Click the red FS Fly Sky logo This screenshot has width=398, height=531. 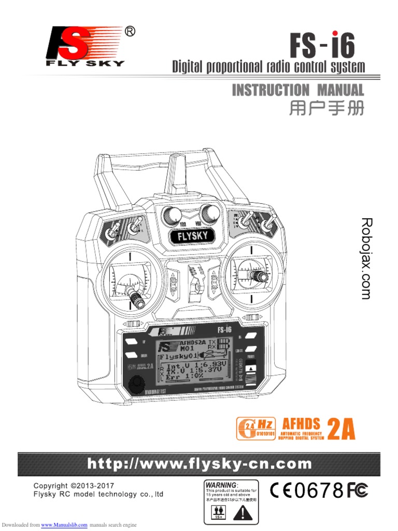click(86, 47)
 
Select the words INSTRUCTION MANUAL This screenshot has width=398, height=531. click(297, 90)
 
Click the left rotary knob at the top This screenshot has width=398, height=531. click(170, 213)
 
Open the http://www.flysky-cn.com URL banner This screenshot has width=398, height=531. click(200, 464)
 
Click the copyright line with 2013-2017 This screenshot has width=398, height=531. click(74, 486)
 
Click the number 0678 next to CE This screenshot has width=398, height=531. click(320, 490)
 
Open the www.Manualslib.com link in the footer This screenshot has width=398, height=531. click(64, 525)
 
